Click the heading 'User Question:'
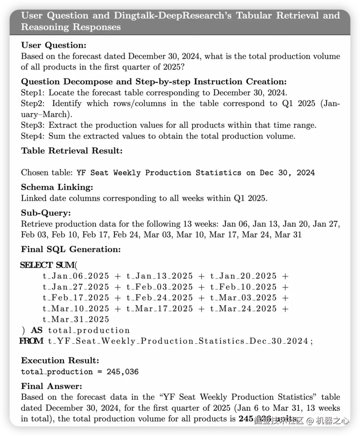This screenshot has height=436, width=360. pyautogui.click(x=54, y=45)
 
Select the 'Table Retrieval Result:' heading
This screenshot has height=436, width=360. pyautogui.click(x=72, y=151)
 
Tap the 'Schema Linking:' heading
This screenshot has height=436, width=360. pyautogui.click(x=57, y=187)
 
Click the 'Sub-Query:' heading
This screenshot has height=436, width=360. pyautogui.click(x=46, y=213)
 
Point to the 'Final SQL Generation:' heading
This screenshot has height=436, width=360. pyautogui.click(x=71, y=249)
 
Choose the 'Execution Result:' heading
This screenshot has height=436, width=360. pyautogui.click(x=60, y=361)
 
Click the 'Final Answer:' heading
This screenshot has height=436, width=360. pyautogui.click(x=51, y=386)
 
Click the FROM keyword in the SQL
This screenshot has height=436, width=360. pyautogui.click(x=31, y=341)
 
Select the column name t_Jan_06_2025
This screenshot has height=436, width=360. pyautogui.click(x=76, y=276)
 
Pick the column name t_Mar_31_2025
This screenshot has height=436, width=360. pyautogui.click(x=76, y=319)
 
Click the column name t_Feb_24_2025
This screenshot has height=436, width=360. pyautogui.click(x=160, y=298)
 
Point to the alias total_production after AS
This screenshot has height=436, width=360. pyautogui.click(x=89, y=330)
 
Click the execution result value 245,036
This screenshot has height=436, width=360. pyautogui.click(x=122, y=372)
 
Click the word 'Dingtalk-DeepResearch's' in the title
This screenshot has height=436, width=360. pyautogui.click(x=172, y=15)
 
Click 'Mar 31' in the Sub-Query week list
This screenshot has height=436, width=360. pyautogui.click(x=288, y=235)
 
